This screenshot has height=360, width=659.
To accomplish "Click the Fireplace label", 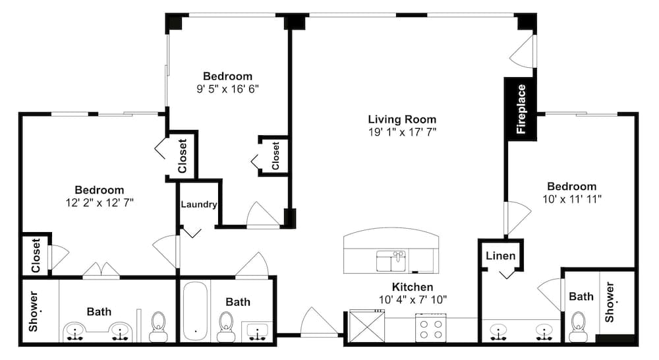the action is pos(521,109).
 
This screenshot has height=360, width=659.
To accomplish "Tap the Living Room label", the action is pos(402,119).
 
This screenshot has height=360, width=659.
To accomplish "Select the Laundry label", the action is pos(199,204).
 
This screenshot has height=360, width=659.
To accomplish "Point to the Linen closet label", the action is pos(501,256).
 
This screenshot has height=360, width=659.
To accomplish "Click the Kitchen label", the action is pos(413,287).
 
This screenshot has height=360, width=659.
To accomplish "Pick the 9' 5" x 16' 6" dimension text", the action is pos(228,89).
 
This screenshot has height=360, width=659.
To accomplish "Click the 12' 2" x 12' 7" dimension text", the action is pos(100,202).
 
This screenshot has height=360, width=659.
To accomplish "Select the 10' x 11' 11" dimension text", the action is pos(571,199).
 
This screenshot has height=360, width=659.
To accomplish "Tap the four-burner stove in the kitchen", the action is pos(431,328).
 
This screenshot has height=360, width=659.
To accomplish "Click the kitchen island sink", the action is pos(391,261).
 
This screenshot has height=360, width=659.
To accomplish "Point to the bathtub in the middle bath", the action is pos(196,311).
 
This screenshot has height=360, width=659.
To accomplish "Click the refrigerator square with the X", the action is pos(367,326).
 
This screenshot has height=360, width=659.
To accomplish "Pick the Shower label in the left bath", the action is pos(33,311).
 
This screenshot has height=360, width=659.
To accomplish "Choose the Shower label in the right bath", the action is pos(610,302).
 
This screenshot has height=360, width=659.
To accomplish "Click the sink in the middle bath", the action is pos(257,331).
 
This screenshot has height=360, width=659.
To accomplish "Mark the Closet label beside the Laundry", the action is pos(183,156).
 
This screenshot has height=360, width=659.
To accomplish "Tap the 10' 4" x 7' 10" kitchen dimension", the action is pos(413,300).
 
